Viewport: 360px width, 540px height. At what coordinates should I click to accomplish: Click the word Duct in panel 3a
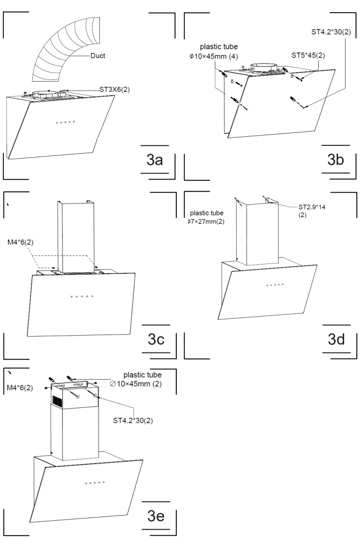click(x=98, y=56)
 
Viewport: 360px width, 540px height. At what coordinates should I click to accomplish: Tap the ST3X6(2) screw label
click(x=115, y=88)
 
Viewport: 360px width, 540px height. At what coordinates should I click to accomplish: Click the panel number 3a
click(x=155, y=160)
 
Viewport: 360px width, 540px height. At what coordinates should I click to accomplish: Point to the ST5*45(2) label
click(x=308, y=55)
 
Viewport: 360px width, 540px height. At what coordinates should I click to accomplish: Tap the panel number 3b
click(x=336, y=160)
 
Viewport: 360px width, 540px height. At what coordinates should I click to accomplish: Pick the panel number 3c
click(x=156, y=339)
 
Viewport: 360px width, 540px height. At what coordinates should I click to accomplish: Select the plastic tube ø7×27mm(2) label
click(x=206, y=217)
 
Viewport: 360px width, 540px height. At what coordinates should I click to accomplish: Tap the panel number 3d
click(x=336, y=339)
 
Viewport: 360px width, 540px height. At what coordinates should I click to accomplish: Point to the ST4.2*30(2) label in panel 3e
click(x=133, y=420)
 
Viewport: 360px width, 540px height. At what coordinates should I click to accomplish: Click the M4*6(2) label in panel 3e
click(x=20, y=388)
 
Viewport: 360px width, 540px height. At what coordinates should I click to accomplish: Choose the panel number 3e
click(x=156, y=516)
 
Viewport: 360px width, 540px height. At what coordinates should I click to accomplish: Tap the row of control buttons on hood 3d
click(x=275, y=285)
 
